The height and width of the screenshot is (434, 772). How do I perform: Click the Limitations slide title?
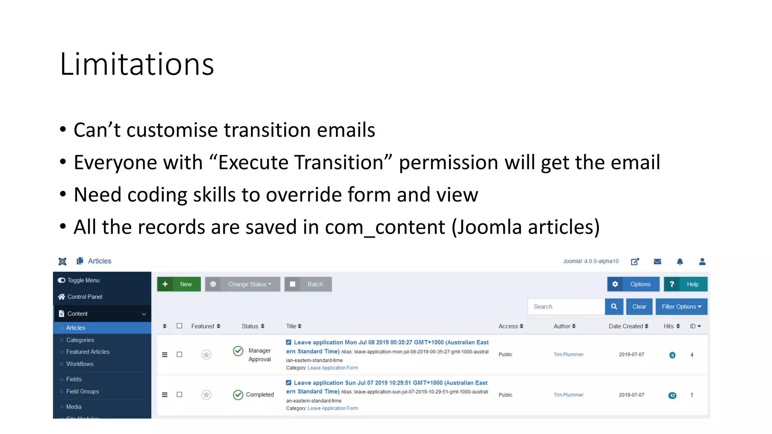pos(137,64)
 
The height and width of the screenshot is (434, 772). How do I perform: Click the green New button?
pos(179,284)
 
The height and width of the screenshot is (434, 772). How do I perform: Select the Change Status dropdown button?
pos(242,284)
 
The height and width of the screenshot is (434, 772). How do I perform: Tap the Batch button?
pos(308,284)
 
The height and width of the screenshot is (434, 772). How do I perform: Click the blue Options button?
pos(633,284)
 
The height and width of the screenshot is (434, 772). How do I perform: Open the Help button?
pos(685,284)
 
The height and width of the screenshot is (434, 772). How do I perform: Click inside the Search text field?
pos(566,307)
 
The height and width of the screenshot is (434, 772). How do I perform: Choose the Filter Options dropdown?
pos(681,307)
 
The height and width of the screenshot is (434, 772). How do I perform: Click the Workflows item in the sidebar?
pos(80,364)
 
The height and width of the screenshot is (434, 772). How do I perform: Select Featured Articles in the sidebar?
pos(88,352)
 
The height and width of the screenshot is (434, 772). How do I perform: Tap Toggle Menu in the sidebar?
pos(83,280)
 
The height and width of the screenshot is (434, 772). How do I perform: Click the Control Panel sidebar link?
pos(85,297)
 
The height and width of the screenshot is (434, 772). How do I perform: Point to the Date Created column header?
pos(628,326)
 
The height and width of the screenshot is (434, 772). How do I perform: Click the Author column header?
pos(564,326)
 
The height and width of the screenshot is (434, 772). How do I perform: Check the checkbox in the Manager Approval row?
pos(179,355)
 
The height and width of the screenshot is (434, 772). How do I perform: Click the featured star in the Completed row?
pos(206,395)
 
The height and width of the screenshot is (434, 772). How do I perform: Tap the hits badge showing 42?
pos(672,395)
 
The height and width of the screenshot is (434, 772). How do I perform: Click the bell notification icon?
pos(680,261)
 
